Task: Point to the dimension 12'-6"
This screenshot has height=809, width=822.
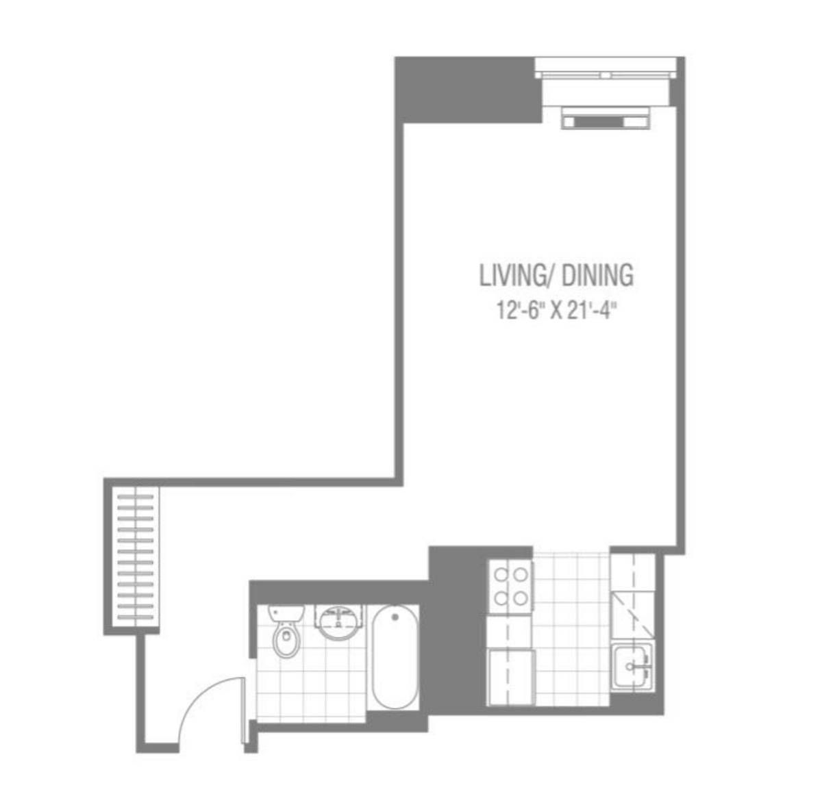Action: point(520,311)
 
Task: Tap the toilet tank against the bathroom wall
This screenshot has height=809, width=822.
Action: point(286,613)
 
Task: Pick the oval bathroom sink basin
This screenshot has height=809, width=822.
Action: point(338,623)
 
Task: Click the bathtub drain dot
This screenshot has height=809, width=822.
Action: point(395,617)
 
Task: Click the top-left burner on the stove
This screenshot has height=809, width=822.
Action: point(501,575)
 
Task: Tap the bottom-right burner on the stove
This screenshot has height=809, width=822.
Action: point(521,599)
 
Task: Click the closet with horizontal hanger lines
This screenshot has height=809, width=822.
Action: point(135,556)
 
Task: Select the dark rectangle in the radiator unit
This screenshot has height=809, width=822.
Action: point(599,123)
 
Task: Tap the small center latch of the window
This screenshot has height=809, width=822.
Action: point(606,75)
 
